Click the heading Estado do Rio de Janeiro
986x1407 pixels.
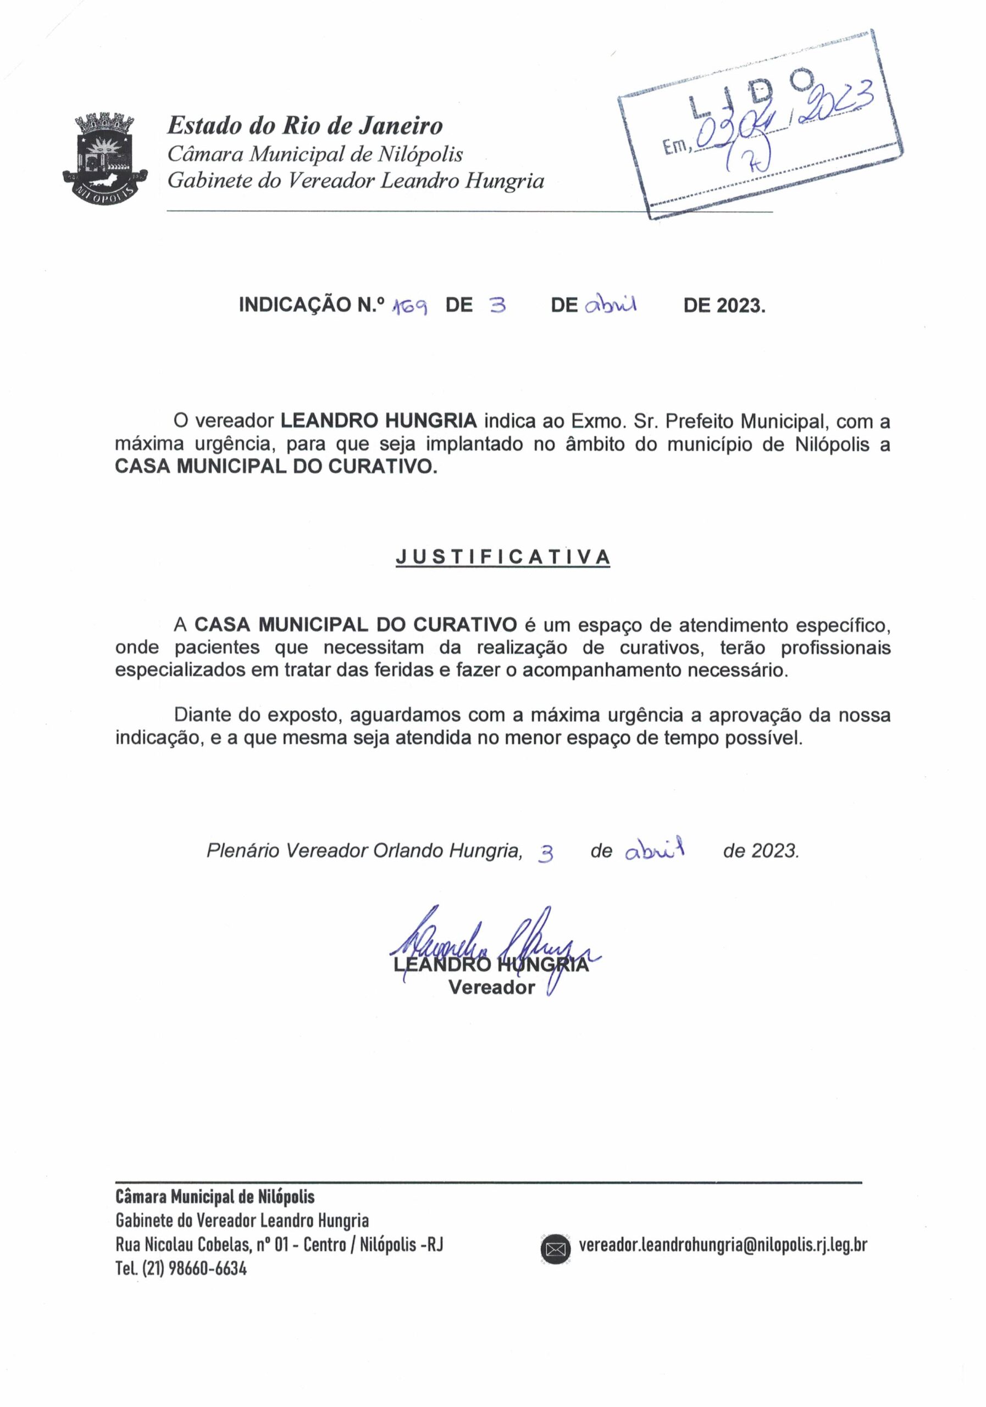point(304,126)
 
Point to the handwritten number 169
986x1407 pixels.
point(409,306)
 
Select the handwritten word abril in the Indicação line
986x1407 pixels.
point(611,304)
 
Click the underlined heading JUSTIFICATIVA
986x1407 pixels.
point(502,556)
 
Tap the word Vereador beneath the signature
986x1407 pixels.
point(491,987)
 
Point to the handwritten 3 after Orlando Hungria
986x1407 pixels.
point(545,854)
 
